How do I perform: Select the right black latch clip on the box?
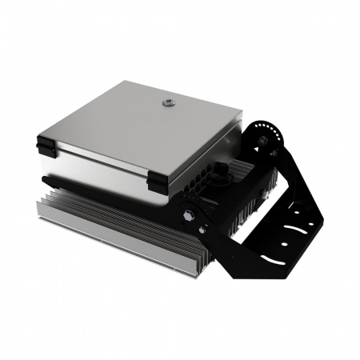coord(159,182)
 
